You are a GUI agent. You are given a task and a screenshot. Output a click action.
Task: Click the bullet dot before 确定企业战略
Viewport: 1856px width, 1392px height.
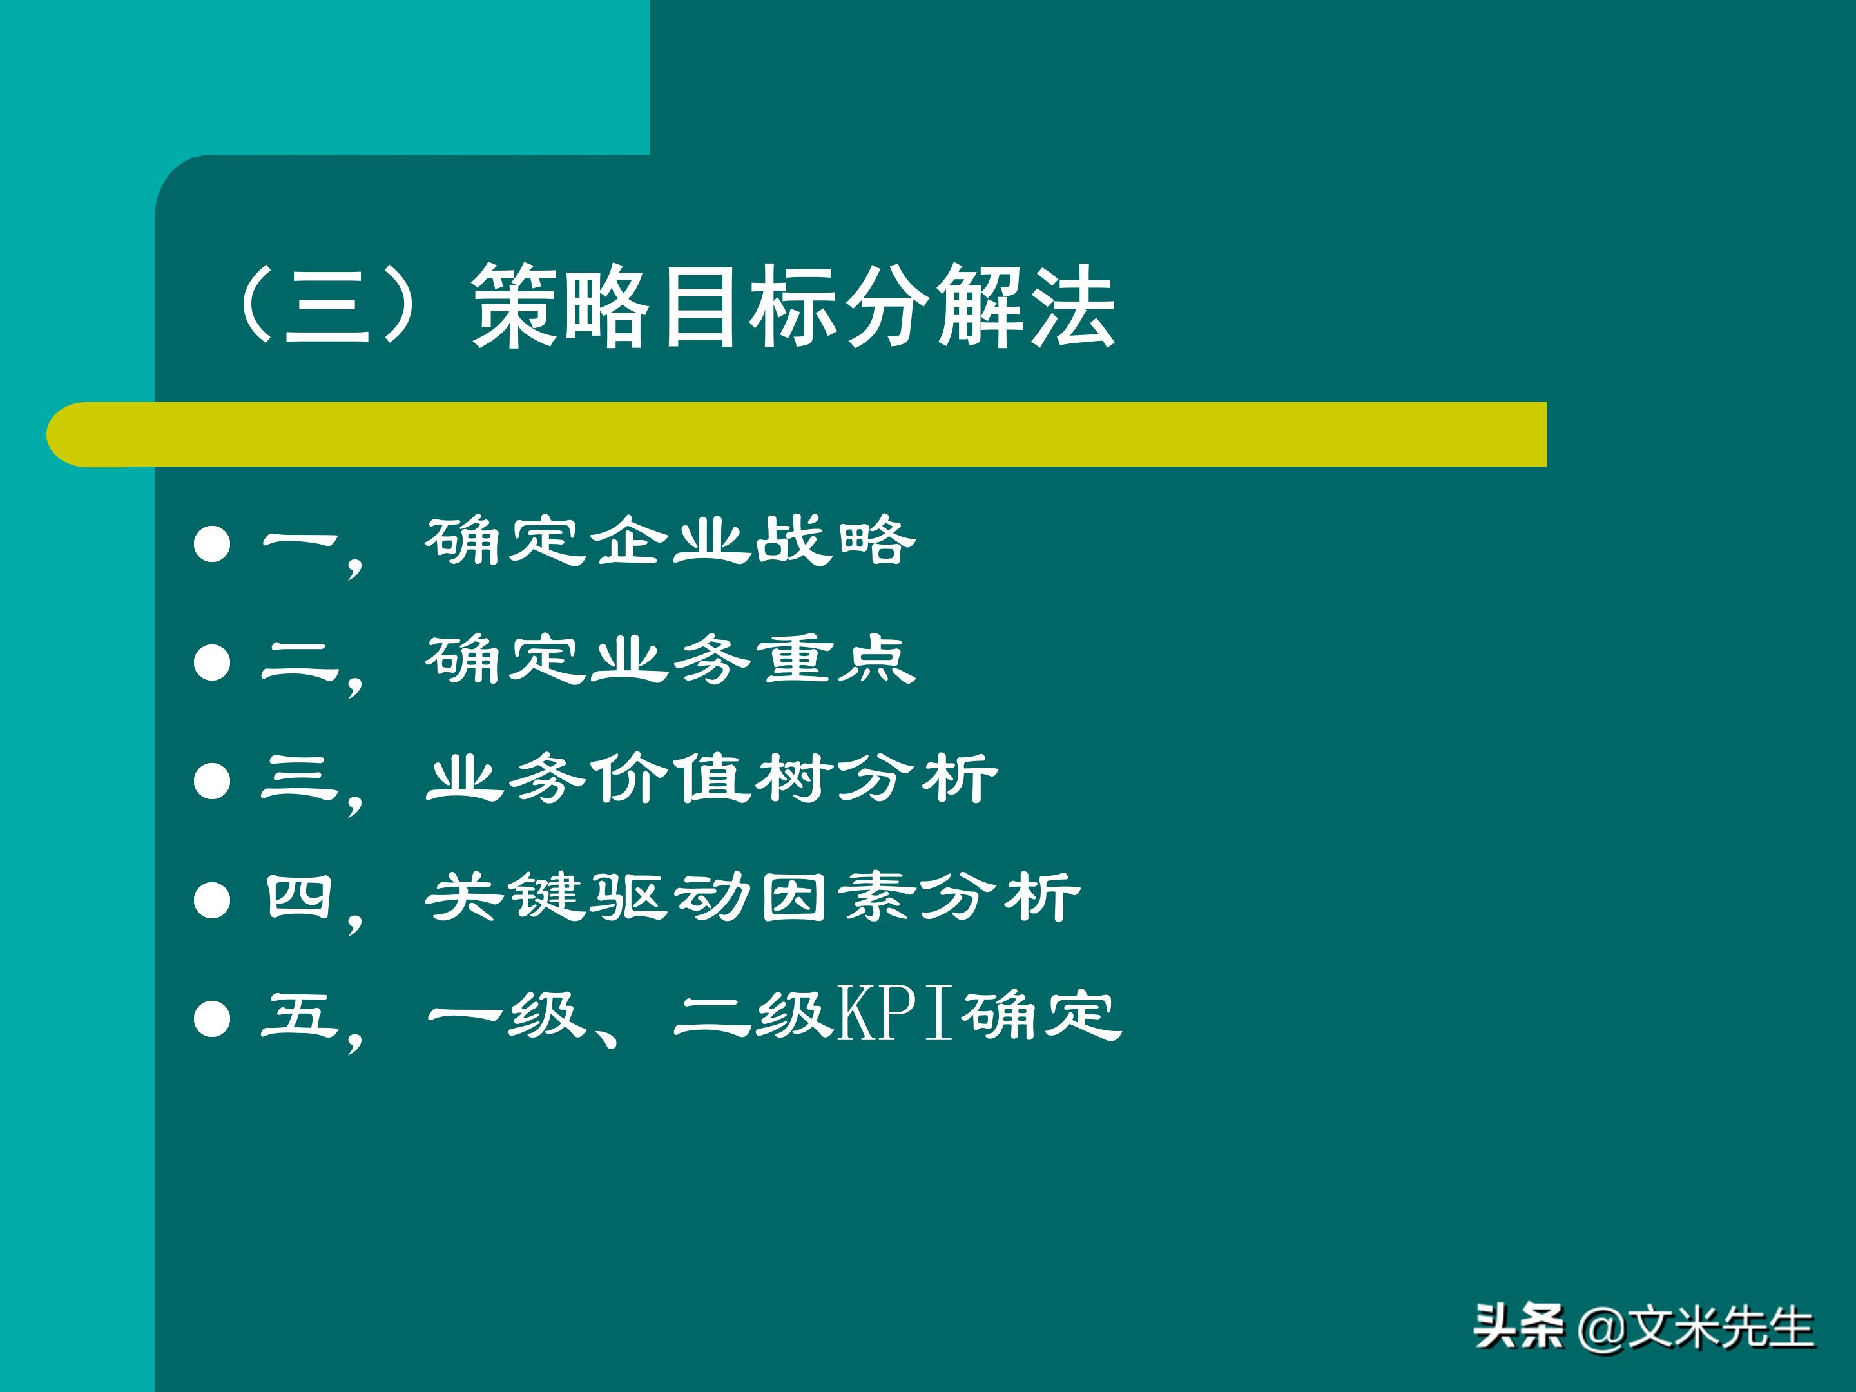[x=212, y=544]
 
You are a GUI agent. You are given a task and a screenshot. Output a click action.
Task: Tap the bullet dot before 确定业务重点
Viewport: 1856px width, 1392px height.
[x=212, y=663]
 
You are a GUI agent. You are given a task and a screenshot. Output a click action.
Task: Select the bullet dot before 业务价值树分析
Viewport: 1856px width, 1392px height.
[x=212, y=781]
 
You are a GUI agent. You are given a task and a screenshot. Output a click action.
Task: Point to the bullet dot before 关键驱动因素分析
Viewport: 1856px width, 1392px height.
[x=212, y=901]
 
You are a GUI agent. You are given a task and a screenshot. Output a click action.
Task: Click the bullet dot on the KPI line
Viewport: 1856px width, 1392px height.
[x=212, y=1020]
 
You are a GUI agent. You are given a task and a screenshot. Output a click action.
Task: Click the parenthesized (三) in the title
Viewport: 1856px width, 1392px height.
[x=327, y=305]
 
